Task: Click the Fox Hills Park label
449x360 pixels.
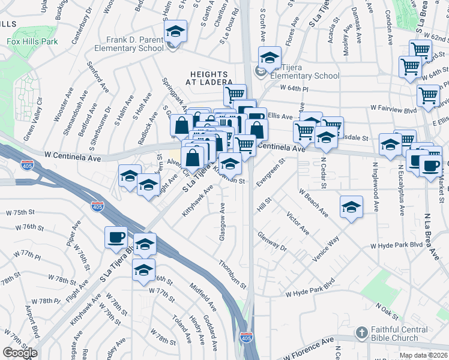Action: point(32,42)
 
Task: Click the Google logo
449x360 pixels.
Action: point(20,352)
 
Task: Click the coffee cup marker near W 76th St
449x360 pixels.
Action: point(116,236)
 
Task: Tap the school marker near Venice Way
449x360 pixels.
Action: point(351,207)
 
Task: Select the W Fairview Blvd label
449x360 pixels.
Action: point(393,109)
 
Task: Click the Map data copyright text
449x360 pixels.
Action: point(423,355)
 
